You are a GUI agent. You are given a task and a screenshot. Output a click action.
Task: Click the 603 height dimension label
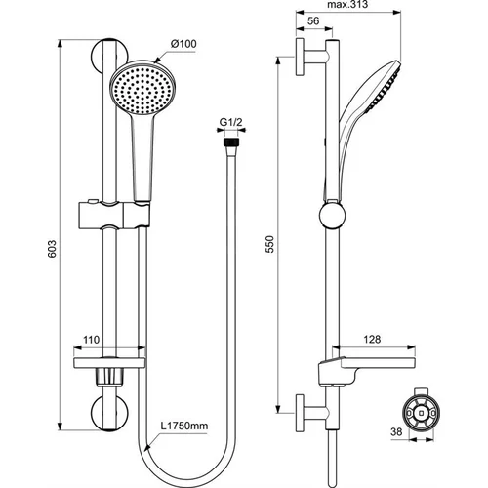tap(52, 249)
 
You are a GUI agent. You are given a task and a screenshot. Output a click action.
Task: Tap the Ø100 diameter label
tap(183, 44)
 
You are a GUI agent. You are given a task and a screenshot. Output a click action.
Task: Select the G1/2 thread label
tap(231, 122)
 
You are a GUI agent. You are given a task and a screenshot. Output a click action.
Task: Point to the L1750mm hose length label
tap(184, 426)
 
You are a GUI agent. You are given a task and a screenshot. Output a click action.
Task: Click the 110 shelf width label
tap(91, 340)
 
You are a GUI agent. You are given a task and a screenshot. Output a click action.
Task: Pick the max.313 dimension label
tap(347, 5)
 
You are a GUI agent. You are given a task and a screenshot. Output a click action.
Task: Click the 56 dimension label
tap(313, 20)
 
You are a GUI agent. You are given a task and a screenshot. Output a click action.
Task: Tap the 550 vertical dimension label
tap(270, 244)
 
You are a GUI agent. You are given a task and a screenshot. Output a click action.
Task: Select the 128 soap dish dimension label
tap(372, 340)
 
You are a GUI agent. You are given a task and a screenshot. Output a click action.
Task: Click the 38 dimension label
tap(396, 432)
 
